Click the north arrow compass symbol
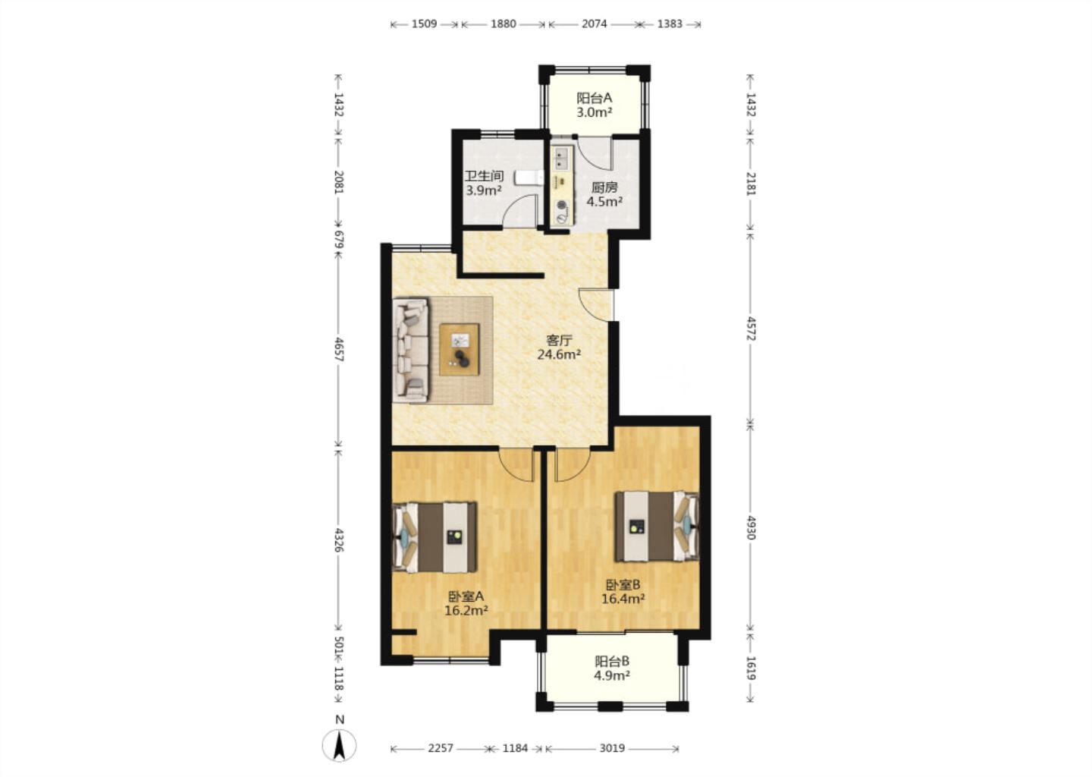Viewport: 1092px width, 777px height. (x=339, y=745)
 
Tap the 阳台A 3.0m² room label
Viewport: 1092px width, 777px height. (x=595, y=105)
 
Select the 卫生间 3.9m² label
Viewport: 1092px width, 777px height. (x=484, y=183)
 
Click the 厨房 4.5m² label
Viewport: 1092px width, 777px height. (x=604, y=194)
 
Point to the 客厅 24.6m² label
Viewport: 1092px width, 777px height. (x=559, y=348)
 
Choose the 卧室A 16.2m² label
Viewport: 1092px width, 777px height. (x=466, y=603)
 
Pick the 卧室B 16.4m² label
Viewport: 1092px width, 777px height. (x=623, y=591)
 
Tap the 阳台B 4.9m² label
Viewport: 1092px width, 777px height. (x=612, y=668)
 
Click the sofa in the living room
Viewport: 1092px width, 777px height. (x=411, y=351)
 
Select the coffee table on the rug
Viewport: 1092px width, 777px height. (x=460, y=350)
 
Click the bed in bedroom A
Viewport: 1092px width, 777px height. (x=435, y=537)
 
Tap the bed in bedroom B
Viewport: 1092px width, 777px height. (x=656, y=527)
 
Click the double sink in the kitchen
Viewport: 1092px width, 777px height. (x=562, y=159)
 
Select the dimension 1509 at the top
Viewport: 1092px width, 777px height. (x=424, y=24)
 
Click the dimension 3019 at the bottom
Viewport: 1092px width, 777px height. (x=612, y=748)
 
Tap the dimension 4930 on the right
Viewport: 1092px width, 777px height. (x=751, y=528)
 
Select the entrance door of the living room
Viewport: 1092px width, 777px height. (x=598, y=305)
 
